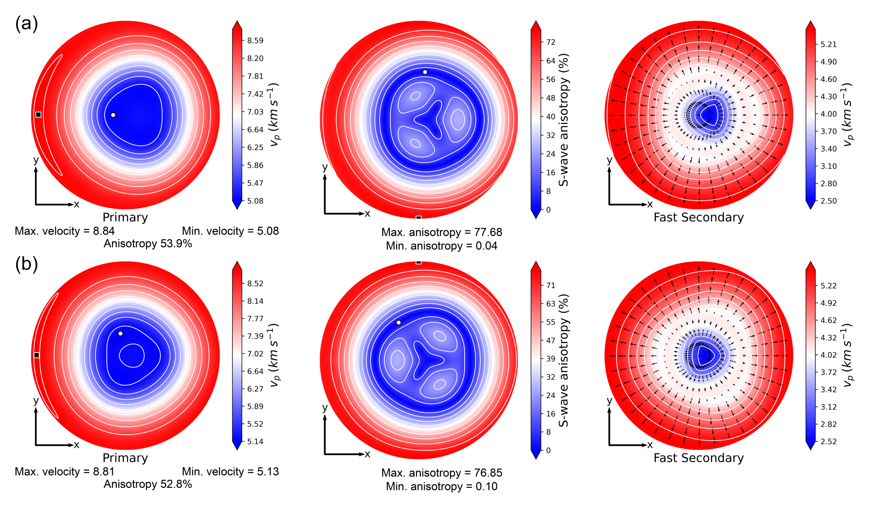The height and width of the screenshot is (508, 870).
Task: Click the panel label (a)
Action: [27, 24]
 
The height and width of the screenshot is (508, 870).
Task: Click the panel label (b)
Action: [27, 264]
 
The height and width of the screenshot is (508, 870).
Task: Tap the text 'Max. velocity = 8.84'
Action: [64, 231]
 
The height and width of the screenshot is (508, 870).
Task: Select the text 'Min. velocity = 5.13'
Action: [230, 472]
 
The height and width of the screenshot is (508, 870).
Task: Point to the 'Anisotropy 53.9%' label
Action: [148, 244]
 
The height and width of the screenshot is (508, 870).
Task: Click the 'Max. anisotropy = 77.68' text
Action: [442, 232]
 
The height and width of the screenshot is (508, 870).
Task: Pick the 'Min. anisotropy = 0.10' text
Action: [442, 487]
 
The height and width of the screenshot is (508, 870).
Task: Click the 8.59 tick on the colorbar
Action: [255, 41]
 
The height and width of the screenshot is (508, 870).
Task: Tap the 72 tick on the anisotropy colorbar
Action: [551, 42]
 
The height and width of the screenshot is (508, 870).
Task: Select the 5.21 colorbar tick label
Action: [829, 44]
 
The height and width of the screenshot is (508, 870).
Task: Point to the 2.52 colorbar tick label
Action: [829, 442]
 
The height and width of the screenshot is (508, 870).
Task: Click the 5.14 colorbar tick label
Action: [255, 442]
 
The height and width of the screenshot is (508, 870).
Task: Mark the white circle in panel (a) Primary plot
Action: [113, 115]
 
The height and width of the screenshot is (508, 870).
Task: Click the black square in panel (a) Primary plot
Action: [38, 114]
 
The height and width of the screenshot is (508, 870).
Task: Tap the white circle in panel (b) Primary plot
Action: [120, 333]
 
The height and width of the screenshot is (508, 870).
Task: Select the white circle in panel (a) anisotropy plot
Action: [425, 72]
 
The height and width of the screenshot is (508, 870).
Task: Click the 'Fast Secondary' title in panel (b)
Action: [698, 458]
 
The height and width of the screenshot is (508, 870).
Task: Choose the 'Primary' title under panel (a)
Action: [125, 218]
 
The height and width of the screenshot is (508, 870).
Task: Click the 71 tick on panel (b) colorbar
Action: [551, 285]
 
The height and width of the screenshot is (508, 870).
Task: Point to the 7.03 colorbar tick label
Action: [255, 112]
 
